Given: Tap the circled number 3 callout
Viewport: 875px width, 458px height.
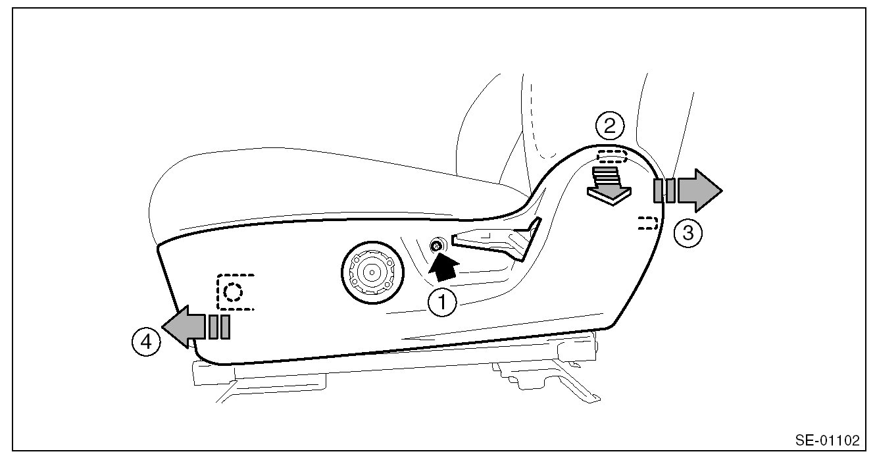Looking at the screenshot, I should [687, 232].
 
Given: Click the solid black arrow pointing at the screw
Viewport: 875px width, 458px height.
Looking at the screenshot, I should [443, 268].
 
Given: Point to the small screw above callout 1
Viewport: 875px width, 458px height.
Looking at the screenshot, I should [435, 246].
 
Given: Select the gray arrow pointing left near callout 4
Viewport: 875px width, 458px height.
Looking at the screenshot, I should [184, 327].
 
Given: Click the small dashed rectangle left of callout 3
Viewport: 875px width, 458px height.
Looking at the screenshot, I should [648, 223].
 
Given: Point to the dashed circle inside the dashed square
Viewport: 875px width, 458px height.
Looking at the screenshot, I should [232, 290].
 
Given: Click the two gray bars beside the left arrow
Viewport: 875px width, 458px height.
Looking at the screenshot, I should [219, 326].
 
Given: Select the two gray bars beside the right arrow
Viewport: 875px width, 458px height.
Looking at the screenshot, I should [664, 191].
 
